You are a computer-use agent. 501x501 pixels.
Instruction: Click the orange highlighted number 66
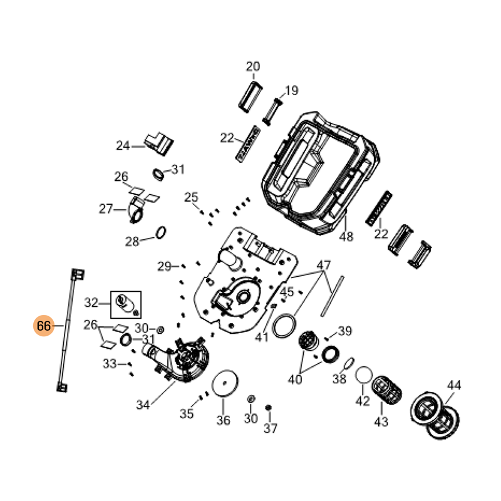click(44, 326)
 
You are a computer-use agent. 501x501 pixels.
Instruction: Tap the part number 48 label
click(346, 237)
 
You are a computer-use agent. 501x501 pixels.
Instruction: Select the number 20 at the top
click(253, 66)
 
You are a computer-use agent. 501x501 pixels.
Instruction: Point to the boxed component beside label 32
click(126, 304)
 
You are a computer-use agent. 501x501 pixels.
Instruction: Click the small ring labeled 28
click(161, 233)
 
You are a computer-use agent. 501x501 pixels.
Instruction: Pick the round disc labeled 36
click(225, 383)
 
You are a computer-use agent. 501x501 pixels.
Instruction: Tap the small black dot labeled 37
click(269, 408)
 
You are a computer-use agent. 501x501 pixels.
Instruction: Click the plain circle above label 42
click(364, 374)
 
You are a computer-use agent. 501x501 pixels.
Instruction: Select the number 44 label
click(454, 385)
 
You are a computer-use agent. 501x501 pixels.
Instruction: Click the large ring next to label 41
click(284, 326)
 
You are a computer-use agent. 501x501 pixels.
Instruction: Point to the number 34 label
click(143, 405)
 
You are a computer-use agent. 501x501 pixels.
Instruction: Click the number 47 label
click(323, 265)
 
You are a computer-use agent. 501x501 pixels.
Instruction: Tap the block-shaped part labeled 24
click(159, 144)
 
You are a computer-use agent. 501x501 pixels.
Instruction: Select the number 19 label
click(291, 90)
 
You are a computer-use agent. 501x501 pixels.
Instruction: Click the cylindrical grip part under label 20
click(251, 97)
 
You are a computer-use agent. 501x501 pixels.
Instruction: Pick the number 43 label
click(381, 421)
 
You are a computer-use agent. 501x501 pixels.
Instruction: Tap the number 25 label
click(191, 197)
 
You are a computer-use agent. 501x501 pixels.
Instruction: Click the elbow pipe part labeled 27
click(136, 210)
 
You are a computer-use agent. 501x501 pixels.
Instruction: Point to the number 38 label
click(339, 379)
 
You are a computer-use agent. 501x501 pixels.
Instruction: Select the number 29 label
click(164, 266)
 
